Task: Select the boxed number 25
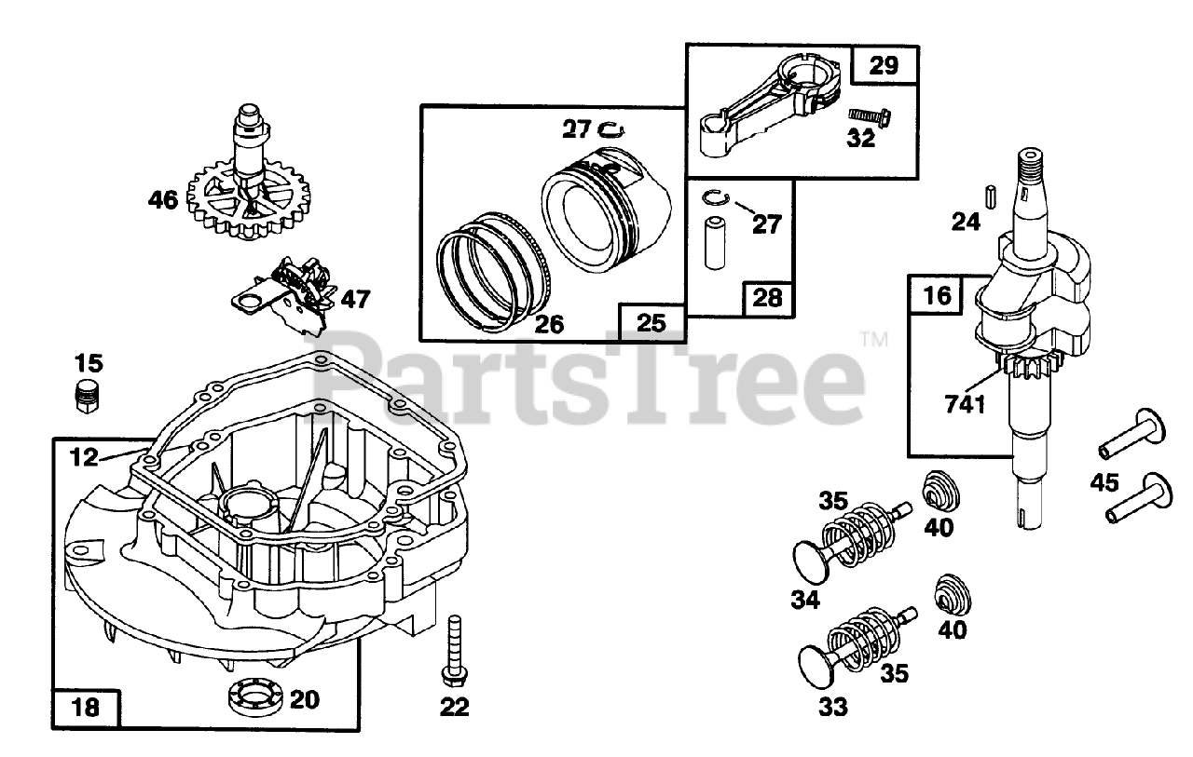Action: coord(651,322)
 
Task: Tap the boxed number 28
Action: coord(767,300)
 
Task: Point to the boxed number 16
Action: coord(938,296)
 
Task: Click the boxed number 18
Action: coord(85,707)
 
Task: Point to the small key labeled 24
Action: coord(992,197)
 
